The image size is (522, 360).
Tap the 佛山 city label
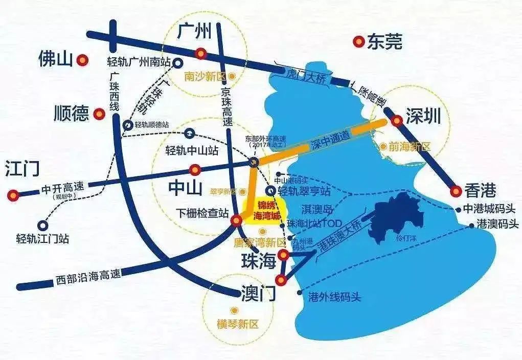point(56,60)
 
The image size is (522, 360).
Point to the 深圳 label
point(423,117)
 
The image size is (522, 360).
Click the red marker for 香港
point(456,192)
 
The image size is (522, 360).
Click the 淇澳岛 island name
point(317,209)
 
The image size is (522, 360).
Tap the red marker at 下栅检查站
point(236,220)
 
